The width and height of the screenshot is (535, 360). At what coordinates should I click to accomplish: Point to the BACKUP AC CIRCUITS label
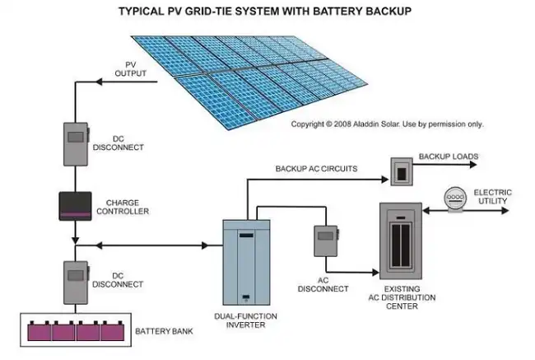pyautogui.click(x=316, y=169)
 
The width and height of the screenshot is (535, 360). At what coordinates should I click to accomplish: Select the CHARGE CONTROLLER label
pyautogui.click(x=128, y=207)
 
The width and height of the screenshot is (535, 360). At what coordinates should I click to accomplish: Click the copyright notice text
pyautogui.click(x=387, y=124)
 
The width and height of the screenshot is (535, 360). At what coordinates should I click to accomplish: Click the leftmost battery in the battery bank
pyautogui.click(x=40, y=332)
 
